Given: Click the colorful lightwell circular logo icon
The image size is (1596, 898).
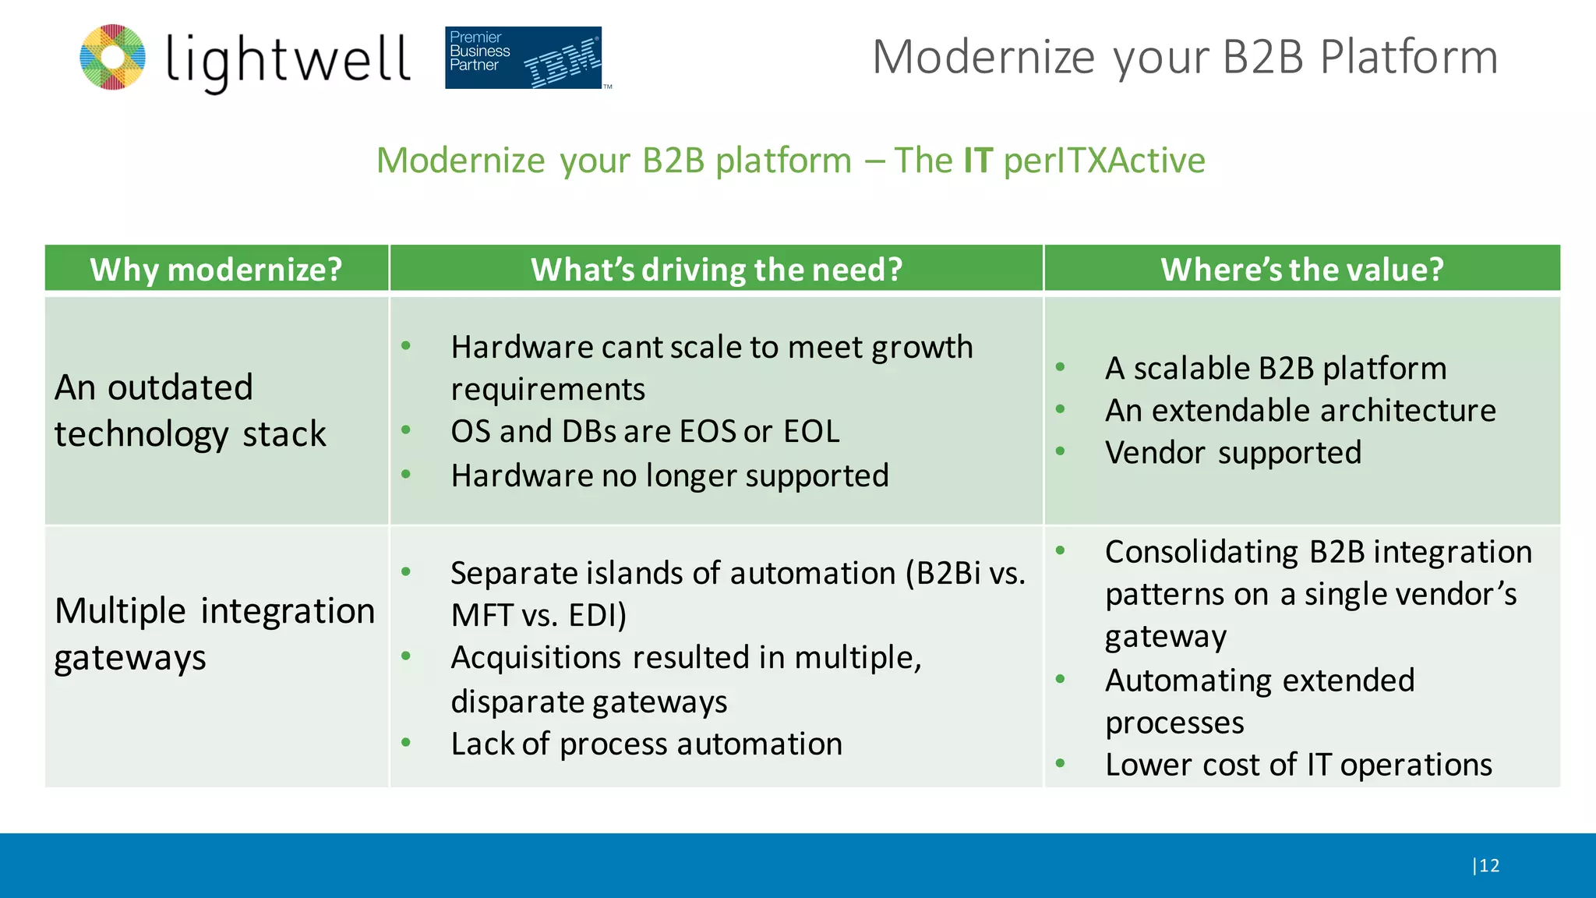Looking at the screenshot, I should (113, 57).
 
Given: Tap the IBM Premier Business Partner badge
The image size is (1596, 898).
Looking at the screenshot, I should (524, 58).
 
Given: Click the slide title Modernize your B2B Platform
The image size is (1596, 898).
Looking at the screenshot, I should (1185, 57).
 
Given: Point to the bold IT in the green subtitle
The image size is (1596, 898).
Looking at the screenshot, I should (977, 161).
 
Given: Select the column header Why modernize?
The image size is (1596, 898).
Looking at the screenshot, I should (216, 270).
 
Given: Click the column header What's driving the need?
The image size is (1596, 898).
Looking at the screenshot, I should (716, 270).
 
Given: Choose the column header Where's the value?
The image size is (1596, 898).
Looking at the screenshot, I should (1301, 270).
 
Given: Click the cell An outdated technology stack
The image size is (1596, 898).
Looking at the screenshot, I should (190, 410).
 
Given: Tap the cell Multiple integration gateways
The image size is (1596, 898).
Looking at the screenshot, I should (214, 633).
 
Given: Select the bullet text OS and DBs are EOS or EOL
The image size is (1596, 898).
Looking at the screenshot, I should (644, 431).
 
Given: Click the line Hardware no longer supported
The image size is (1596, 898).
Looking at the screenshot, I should (669, 476).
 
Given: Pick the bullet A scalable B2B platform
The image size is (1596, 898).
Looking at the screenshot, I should (1275, 368).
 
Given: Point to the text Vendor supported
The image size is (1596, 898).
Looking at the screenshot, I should (1233, 452).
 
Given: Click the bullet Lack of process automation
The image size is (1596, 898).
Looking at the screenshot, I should (646, 744).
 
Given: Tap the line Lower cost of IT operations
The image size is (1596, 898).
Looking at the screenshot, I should (1298, 765).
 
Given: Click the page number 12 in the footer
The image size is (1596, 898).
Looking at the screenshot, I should (1488, 865).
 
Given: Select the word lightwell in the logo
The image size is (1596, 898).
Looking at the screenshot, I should (288, 60).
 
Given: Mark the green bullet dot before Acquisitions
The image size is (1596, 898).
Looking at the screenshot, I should (406, 656).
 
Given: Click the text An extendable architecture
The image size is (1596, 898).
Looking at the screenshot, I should (1300, 410).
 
